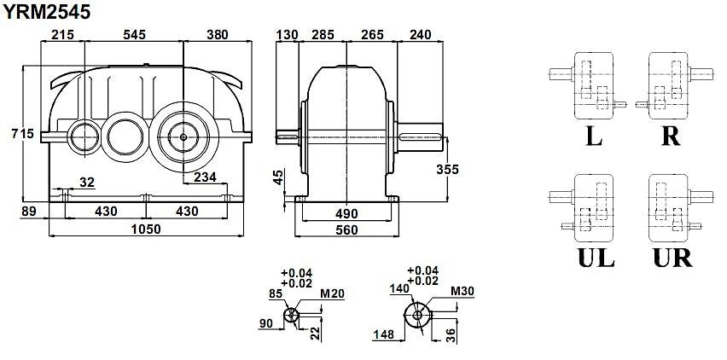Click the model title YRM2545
click(x=47, y=12)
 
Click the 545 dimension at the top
click(x=134, y=35)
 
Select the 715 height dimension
click(x=23, y=134)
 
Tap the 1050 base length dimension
click(x=147, y=229)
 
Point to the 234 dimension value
click(x=205, y=177)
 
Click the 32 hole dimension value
click(x=87, y=183)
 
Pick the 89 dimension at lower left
click(x=29, y=212)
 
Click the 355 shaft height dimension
click(x=447, y=170)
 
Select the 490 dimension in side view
click(x=346, y=213)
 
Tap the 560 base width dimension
click(x=346, y=229)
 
